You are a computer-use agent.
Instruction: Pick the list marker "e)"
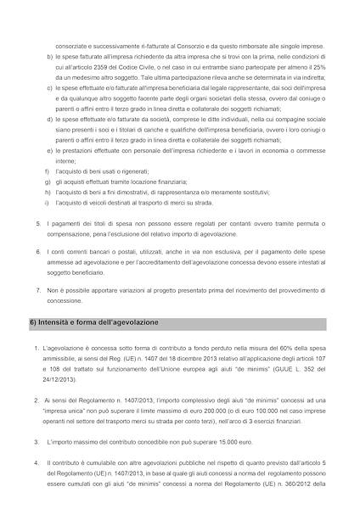(50, 149)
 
